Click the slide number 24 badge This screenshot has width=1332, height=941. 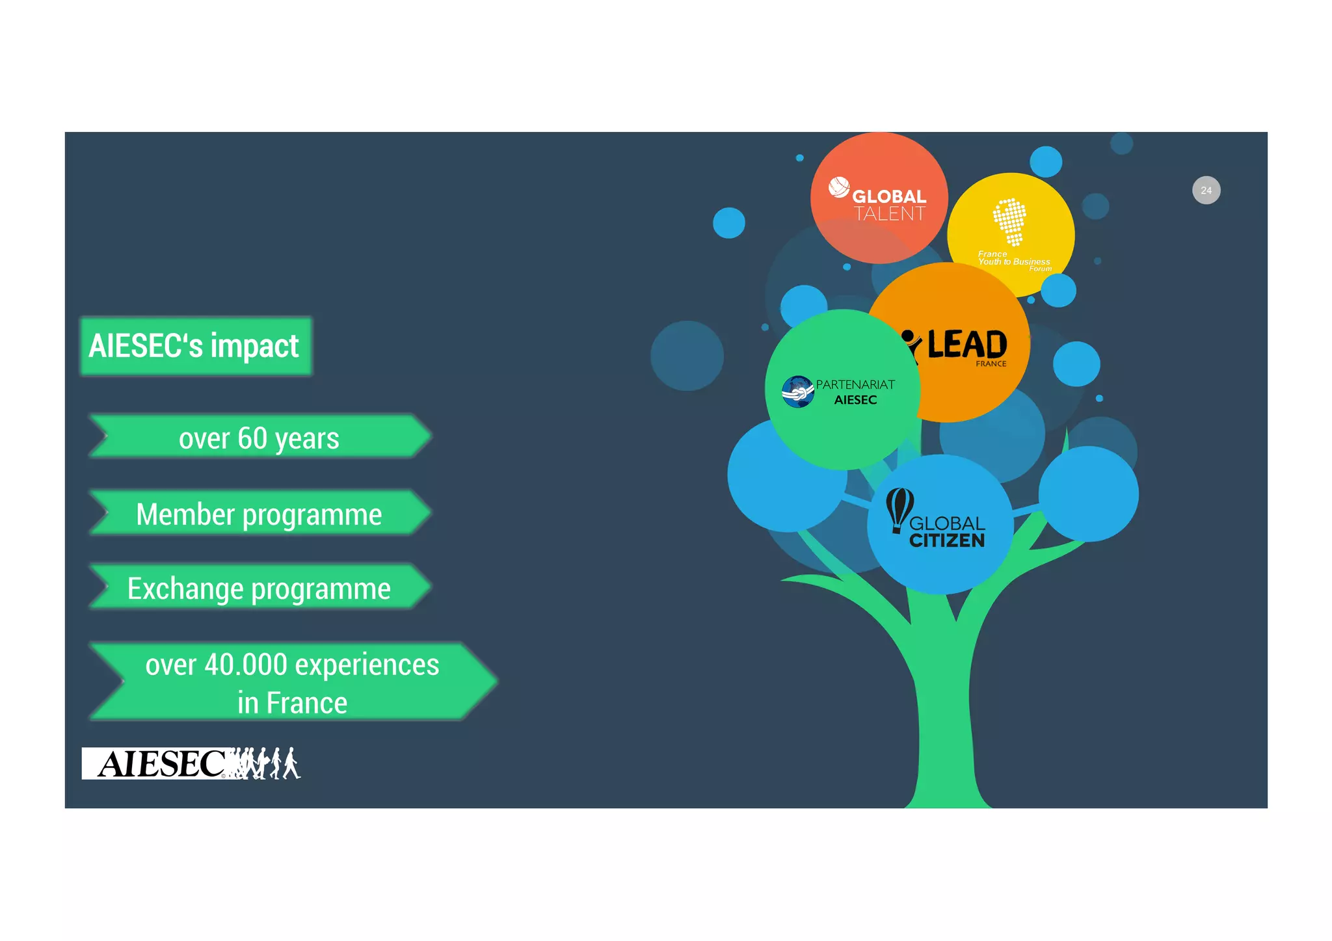pyautogui.click(x=1206, y=191)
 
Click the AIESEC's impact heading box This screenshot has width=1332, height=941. pyautogui.click(x=195, y=346)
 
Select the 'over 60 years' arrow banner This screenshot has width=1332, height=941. pyautogui.click(x=259, y=437)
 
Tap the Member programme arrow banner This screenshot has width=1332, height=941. pyautogui.click(x=259, y=514)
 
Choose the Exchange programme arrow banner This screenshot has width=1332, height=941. pyautogui.click(x=259, y=588)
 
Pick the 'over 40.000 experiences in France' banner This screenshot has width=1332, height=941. pyautogui.click(x=293, y=682)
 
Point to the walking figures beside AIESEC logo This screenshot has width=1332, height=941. pyautogui.click(x=267, y=763)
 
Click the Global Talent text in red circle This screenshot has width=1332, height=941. pyautogui.click(x=888, y=205)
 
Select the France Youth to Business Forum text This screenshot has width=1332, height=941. pyautogui.click(x=1013, y=261)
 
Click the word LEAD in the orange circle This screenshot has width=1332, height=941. pyautogui.click(x=966, y=344)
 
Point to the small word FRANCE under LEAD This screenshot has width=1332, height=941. pyautogui.click(x=991, y=364)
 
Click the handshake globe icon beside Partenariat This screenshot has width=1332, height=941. pyautogui.click(x=798, y=391)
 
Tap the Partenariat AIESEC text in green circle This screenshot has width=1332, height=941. pyautogui.click(x=855, y=392)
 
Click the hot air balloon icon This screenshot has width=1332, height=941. pyautogui.click(x=899, y=509)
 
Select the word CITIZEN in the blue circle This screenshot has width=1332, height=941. pyautogui.click(x=946, y=541)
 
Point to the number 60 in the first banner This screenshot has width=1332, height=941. pyautogui.click(x=252, y=438)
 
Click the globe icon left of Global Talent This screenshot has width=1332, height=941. pyautogui.click(x=839, y=187)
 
